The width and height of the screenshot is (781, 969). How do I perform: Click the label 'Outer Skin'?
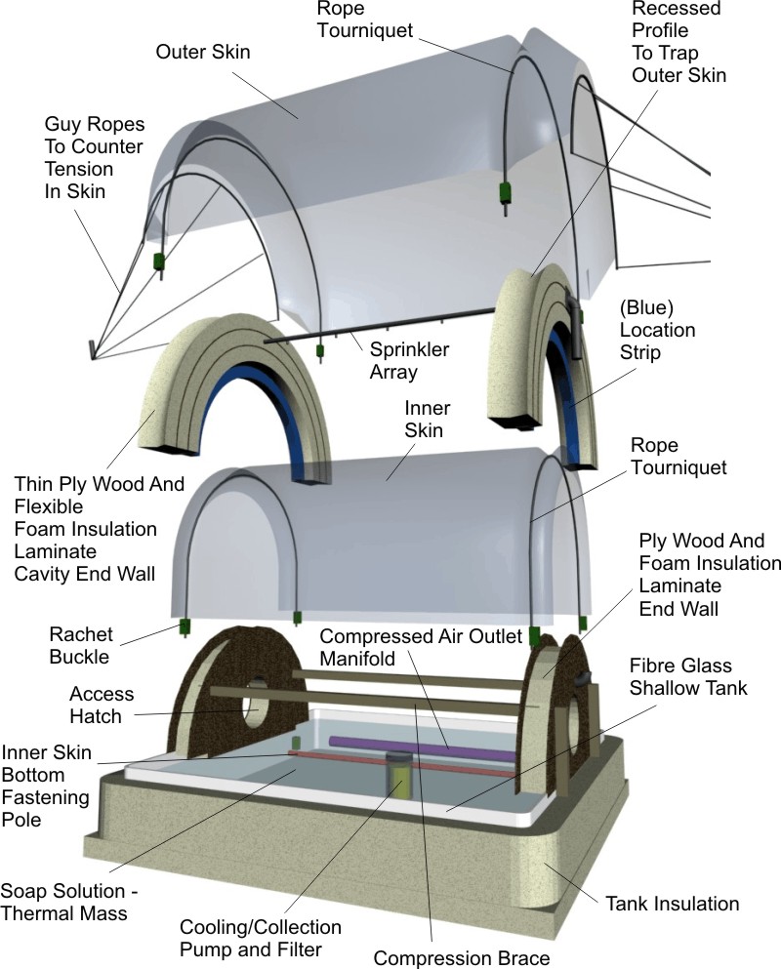tap(202, 52)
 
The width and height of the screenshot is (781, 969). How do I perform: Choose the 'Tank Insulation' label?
tap(673, 903)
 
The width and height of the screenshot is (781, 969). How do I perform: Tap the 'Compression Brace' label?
tap(448, 956)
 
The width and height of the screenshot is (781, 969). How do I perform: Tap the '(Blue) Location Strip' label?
tap(663, 330)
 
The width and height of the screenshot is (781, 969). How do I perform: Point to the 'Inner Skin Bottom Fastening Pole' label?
tap(48, 785)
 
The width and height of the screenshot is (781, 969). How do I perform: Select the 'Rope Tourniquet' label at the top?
tap(367, 20)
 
